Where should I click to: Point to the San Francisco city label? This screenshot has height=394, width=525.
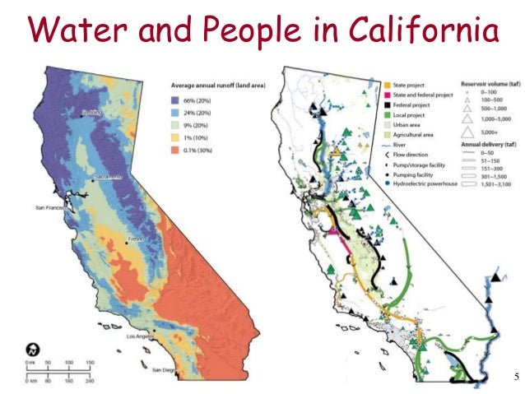point(49,208)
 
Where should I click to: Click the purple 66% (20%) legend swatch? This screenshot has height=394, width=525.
point(176,99)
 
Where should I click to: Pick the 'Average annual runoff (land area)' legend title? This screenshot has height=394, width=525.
point(222,85)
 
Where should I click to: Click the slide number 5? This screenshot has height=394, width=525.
point(515,378)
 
